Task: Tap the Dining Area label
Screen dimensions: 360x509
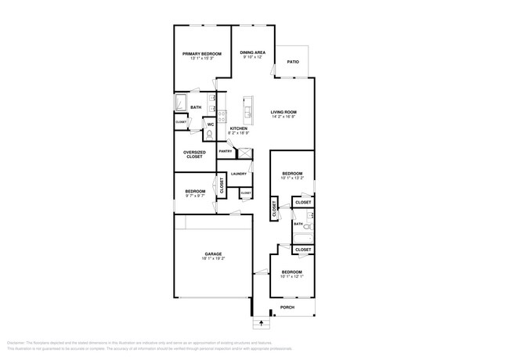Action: click(x=253, y=52)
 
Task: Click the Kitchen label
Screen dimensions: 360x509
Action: click(x=238, y=128)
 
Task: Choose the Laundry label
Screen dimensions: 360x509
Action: click(x=239, y=174)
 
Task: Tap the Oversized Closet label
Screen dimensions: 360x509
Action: click(x=194, y=154)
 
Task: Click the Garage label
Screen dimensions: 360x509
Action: click(x=214, y=254)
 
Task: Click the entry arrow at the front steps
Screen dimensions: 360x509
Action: click(x=261, y=322)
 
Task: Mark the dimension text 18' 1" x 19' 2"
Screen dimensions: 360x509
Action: click(x=214, y=259)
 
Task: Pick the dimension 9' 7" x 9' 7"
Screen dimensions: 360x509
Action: click(x=195, y=196)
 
